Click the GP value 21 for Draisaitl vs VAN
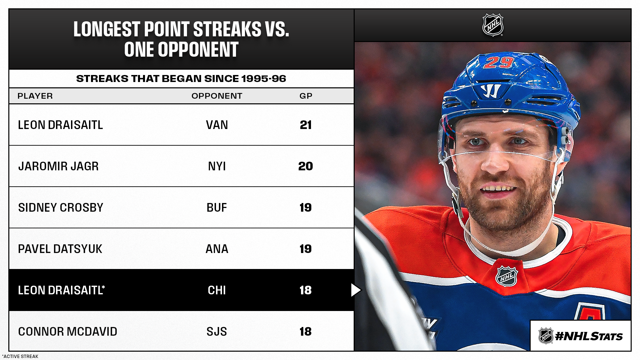[x=306, y=125]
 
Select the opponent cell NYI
[x=217, y=166]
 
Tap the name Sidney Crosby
[x=61, y=208]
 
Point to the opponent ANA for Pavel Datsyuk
[x=217, y=249]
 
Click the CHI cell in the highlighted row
[x=217, y=290]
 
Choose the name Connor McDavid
[x=68, y=332]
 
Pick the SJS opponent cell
[x=217, y=332]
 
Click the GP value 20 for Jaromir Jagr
[x=306, y=166]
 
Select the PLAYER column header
[x=35, y=96]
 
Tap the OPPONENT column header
[x=217, y=96]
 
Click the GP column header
[x=306, y=96]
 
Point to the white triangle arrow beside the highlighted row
[x=356, y=290]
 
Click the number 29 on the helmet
[x=499, y=62]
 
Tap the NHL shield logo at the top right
[x=493, y=25]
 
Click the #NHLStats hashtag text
[x=589, y=336]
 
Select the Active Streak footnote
[x=20, y=356]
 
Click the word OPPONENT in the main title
[x=198, y=50]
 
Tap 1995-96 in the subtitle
[x=264, y=79]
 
